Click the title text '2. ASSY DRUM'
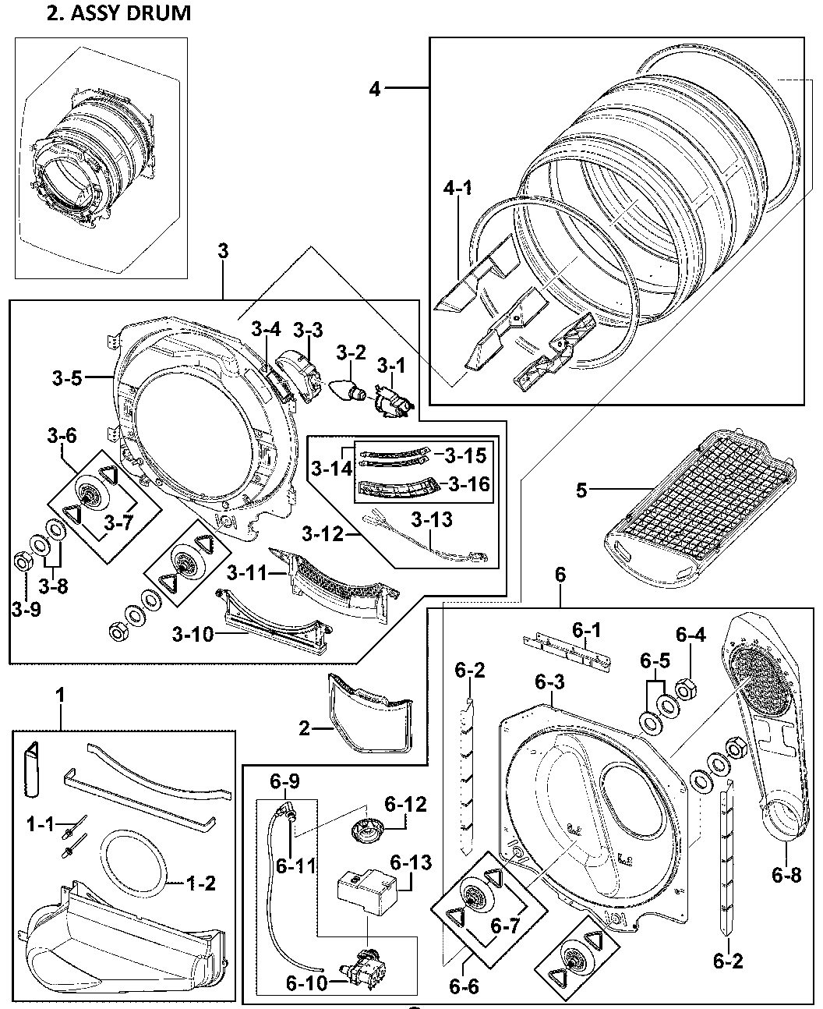(119, 13)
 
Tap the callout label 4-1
(458, 188)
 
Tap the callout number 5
(581, 490)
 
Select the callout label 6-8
(786, 875)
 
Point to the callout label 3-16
(469, 484)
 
